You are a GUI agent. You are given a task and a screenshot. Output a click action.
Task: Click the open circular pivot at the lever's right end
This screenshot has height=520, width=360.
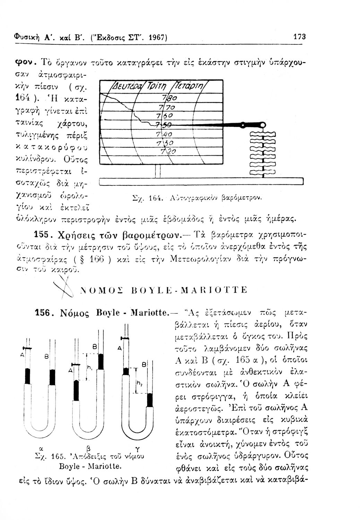264,124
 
